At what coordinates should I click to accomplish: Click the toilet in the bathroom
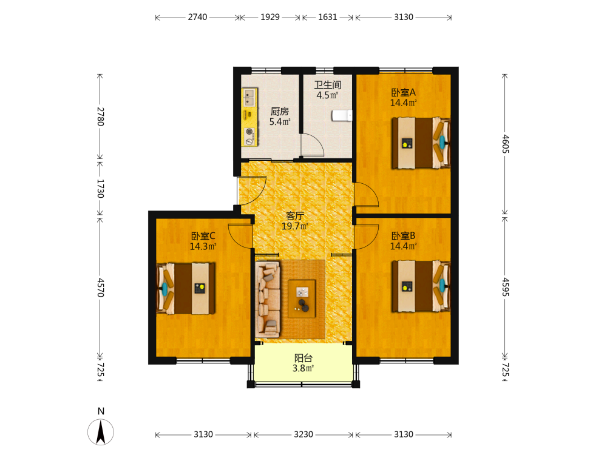(341, 116)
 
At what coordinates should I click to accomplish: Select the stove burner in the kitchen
(249, 132)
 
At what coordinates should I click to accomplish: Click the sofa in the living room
(268, 300)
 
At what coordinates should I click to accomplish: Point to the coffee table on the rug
(302, 298)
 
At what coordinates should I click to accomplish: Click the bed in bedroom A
(421, 143)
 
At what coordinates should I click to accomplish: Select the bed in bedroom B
(421, 286)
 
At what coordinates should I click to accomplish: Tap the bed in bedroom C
(186, 289)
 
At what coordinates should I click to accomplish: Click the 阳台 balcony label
(303, 358)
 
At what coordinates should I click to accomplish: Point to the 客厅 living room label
(295, 215)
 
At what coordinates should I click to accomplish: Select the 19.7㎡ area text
(295, 226)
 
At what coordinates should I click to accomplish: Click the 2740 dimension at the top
(197, 17)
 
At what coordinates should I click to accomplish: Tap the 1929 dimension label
(270, 17)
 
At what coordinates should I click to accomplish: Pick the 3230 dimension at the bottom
(303, 434)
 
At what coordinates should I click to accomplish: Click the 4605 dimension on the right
(505, 144)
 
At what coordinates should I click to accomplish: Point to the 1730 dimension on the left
(100, 189)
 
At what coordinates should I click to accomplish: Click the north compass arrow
(101, 431)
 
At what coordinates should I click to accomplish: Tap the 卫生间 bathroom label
(328, 85)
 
